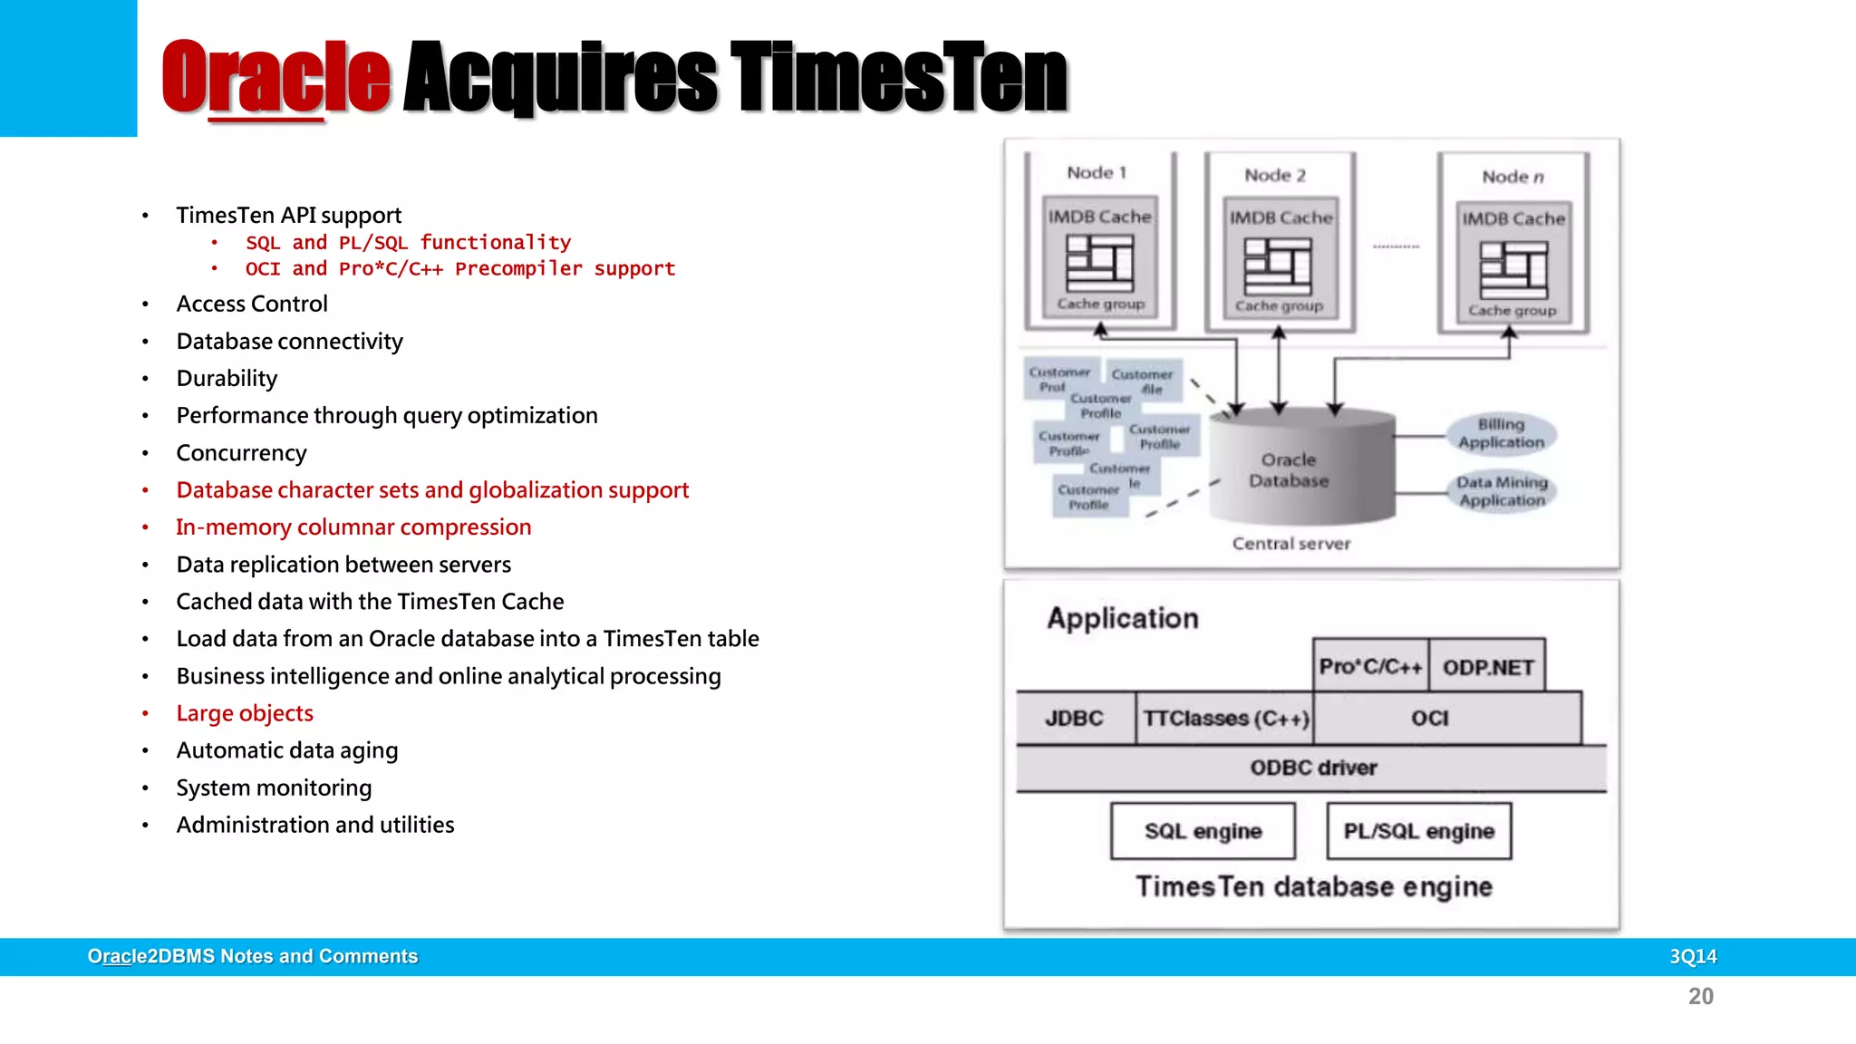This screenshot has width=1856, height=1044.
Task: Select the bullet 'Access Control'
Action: tap(252, 304)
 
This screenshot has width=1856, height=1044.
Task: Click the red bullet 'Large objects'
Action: tap(245, 714)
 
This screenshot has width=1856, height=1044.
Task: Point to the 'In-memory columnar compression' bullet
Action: tap(353, 527)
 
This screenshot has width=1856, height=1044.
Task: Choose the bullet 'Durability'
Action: tap(227, 379)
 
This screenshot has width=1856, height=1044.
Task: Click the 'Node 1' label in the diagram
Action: tap(1097, 173)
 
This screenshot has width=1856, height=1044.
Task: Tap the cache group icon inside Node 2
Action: tap(1278, 266)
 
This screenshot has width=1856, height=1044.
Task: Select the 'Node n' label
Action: tap(1513, 178)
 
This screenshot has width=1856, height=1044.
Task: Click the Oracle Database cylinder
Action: tap(1301, 469)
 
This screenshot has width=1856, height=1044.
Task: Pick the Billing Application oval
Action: tap(1502, 434)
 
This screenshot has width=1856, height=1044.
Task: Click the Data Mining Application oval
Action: tap(1503, 491)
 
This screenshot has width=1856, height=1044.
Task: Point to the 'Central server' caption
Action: tap(1290, 544)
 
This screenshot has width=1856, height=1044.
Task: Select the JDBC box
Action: tap(1075, 719)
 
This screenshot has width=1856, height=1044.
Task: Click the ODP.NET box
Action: tap(1487, 668)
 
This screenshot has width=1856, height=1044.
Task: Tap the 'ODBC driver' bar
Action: tap(1312, 768)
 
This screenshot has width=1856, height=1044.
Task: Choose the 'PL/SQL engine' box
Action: tap(1418, 831)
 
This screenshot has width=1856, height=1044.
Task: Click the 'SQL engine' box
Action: tap(1203, 831)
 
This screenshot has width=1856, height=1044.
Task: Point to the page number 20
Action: tap(1700, 997)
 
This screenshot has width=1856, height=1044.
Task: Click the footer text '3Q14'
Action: tap(1693, 957)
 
